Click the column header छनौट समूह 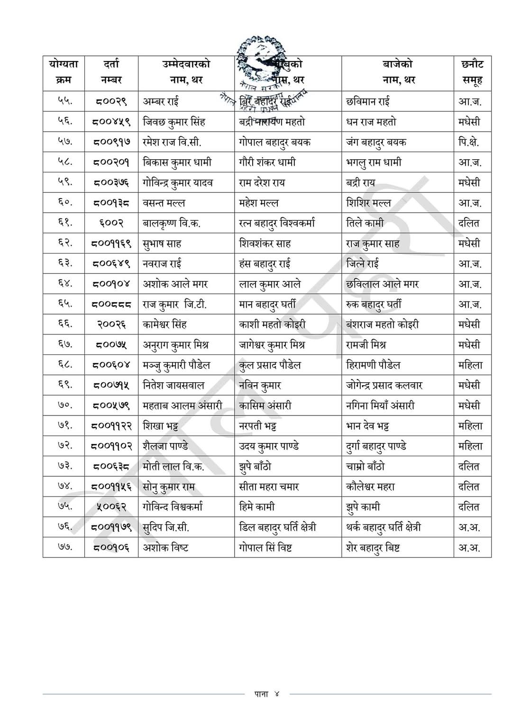[472, 72]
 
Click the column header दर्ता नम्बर [111, 72]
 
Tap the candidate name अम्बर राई [161, 101]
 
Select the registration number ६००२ [111, 223]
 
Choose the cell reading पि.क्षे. [468, 142]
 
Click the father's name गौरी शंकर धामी [267, 163]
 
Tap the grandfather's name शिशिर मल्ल [368, 203]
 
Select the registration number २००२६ [111, 325]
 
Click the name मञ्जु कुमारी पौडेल [176, 365]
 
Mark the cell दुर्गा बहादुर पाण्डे [376, 446]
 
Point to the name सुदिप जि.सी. [166, 527]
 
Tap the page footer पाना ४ [267, 694]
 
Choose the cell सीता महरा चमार [269, 487]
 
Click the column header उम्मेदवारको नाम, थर [186, 72]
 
